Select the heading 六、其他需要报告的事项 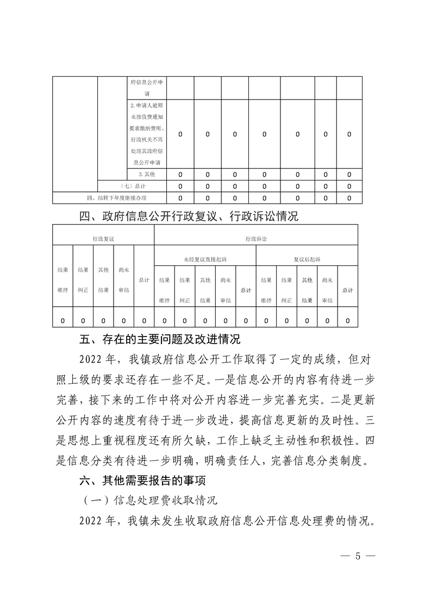click(x=143, y=480)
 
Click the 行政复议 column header click(x=103, y=238)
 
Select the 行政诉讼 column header click(x=256, y=238)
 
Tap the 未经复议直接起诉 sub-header click(x=205, y=259)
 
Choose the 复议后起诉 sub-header click(x=307, y=259)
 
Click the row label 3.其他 click(x=147, y=175)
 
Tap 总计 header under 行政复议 click(x=144, y=280)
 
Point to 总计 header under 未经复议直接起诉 click(x=246, y=290)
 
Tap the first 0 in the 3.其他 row click(x=180, y=175)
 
